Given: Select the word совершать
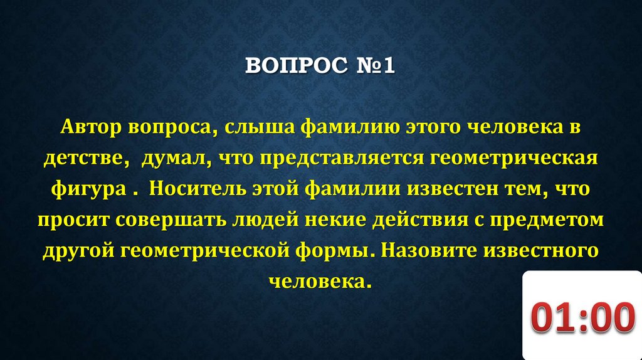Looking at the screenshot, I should tap(174, 220).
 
